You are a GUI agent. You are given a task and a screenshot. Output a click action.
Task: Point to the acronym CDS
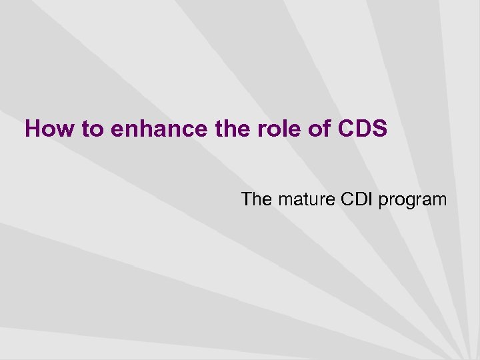click(x=363, y=129)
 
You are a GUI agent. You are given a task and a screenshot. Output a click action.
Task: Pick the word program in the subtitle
click(x=413, y=200)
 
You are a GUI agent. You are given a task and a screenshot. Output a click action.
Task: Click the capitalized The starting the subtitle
click(x=256, y=199)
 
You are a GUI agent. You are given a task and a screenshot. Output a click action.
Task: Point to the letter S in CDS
click(x=379, y=129)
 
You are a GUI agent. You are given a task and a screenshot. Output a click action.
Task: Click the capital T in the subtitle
click(x=247, y=199)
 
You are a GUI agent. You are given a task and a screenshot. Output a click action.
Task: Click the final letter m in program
click(x=439, y=200)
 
